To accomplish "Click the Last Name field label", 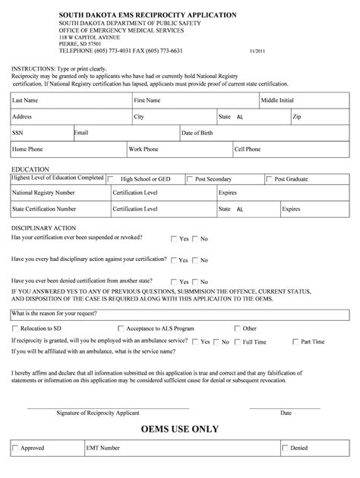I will coord(25,100).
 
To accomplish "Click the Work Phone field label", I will coord(144,149).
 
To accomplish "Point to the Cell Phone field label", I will coord(248,149).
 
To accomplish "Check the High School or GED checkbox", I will coord(113,179).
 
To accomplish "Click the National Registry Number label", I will coord(43,193).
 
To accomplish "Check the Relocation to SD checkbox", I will coord(16,329).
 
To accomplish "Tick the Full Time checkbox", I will coord(236,342).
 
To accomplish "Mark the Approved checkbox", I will coord(16,448).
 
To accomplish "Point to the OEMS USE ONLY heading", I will coord(179,429).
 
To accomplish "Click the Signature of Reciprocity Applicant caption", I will coord(97,413).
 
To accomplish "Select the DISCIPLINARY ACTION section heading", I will coord(44,228).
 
